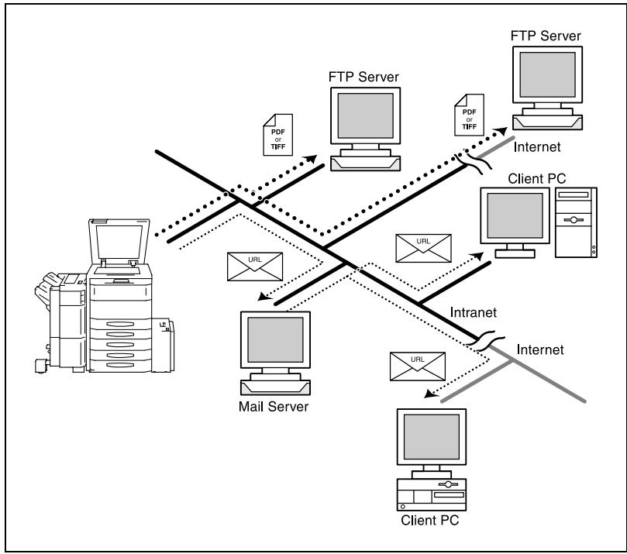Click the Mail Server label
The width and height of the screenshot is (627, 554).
[x=274, y=407]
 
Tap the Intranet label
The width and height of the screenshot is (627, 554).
[x=473, y=312]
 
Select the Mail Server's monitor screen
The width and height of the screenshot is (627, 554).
[x=275, y=339]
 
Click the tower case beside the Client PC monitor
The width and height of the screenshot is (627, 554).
[x=576, y=222]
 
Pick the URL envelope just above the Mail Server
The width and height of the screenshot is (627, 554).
[x=255, y=267]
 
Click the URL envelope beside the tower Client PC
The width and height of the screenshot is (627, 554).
[x=423, y=248]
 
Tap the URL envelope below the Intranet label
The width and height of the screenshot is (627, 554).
[x=418, y=366]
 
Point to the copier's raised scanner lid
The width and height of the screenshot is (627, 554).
[x=119, y=241]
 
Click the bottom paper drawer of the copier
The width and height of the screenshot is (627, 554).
[x=120, y=365]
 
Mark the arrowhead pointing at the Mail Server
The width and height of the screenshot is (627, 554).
[x=264, y=296]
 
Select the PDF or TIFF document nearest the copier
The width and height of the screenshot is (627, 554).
[x=278, y=135]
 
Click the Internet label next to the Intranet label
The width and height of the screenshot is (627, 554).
[x=540, y=349]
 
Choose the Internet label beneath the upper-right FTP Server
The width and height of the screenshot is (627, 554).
[x=536, y=146]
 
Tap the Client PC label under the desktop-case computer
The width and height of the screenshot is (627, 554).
[x=430, y=520]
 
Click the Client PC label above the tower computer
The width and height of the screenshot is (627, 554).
[x=536, y=178]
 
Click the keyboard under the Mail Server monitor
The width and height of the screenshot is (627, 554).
[x=275, y=387]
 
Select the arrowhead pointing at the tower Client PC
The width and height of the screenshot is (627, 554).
[x=477, y=255]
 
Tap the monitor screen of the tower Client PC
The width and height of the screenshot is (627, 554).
[x=515, y=215]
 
